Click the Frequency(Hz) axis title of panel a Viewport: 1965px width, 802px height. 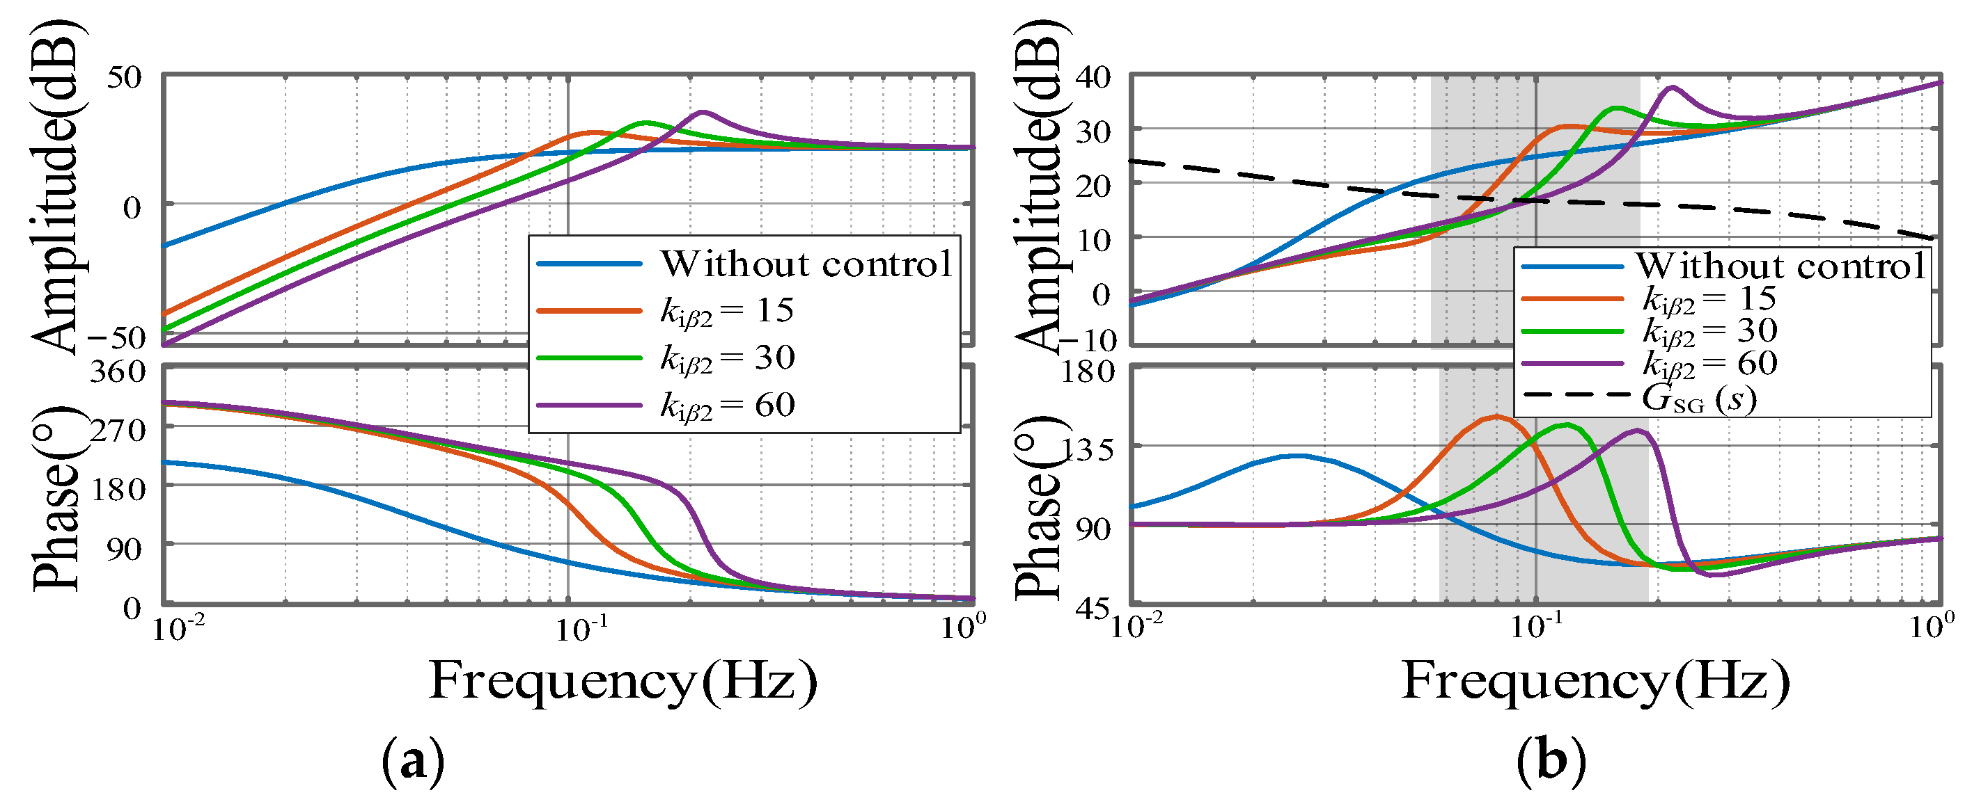click(x=623, y=681)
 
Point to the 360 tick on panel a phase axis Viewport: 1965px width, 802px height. click(x=118, y=372)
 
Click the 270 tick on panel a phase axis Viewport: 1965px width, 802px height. click(x=118, y=431)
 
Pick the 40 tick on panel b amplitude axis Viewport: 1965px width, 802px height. click(x=1093, y=77)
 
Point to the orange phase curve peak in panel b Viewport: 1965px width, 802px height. click(x=1496, y=416)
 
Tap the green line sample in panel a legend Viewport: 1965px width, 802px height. click(x=589, y=358)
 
